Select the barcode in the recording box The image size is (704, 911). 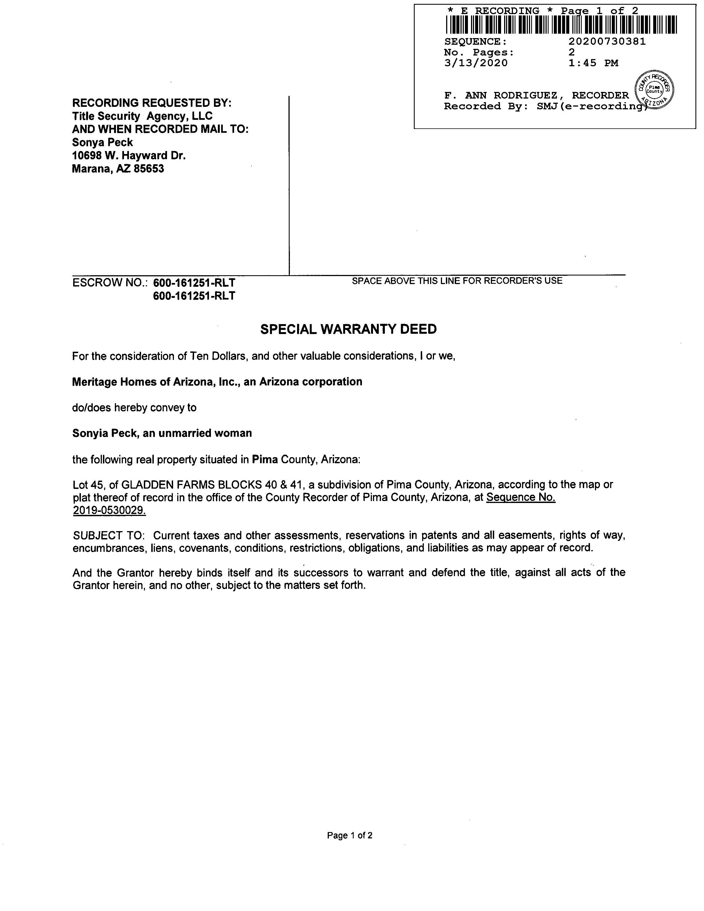pyautogui.click(x=561, y=25)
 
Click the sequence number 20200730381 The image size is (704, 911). pyautogui.click(x=607, y=41)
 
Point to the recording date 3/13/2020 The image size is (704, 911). pyautogui.click(x=476, y=63)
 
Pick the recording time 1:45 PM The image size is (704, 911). pyautogui.click(x=593, y=63)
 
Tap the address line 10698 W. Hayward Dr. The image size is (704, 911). pyautogui.click(x=129, y=156)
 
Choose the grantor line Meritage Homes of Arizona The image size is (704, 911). pyautogui.click(x=217, y=382)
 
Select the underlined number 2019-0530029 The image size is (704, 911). pyautogui.click(x=109, y=510)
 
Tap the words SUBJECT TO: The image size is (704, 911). pyautogui.click(x=108, y=535)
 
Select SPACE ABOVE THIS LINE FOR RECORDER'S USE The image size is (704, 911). pyautogui.click(x=457, y=281)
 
